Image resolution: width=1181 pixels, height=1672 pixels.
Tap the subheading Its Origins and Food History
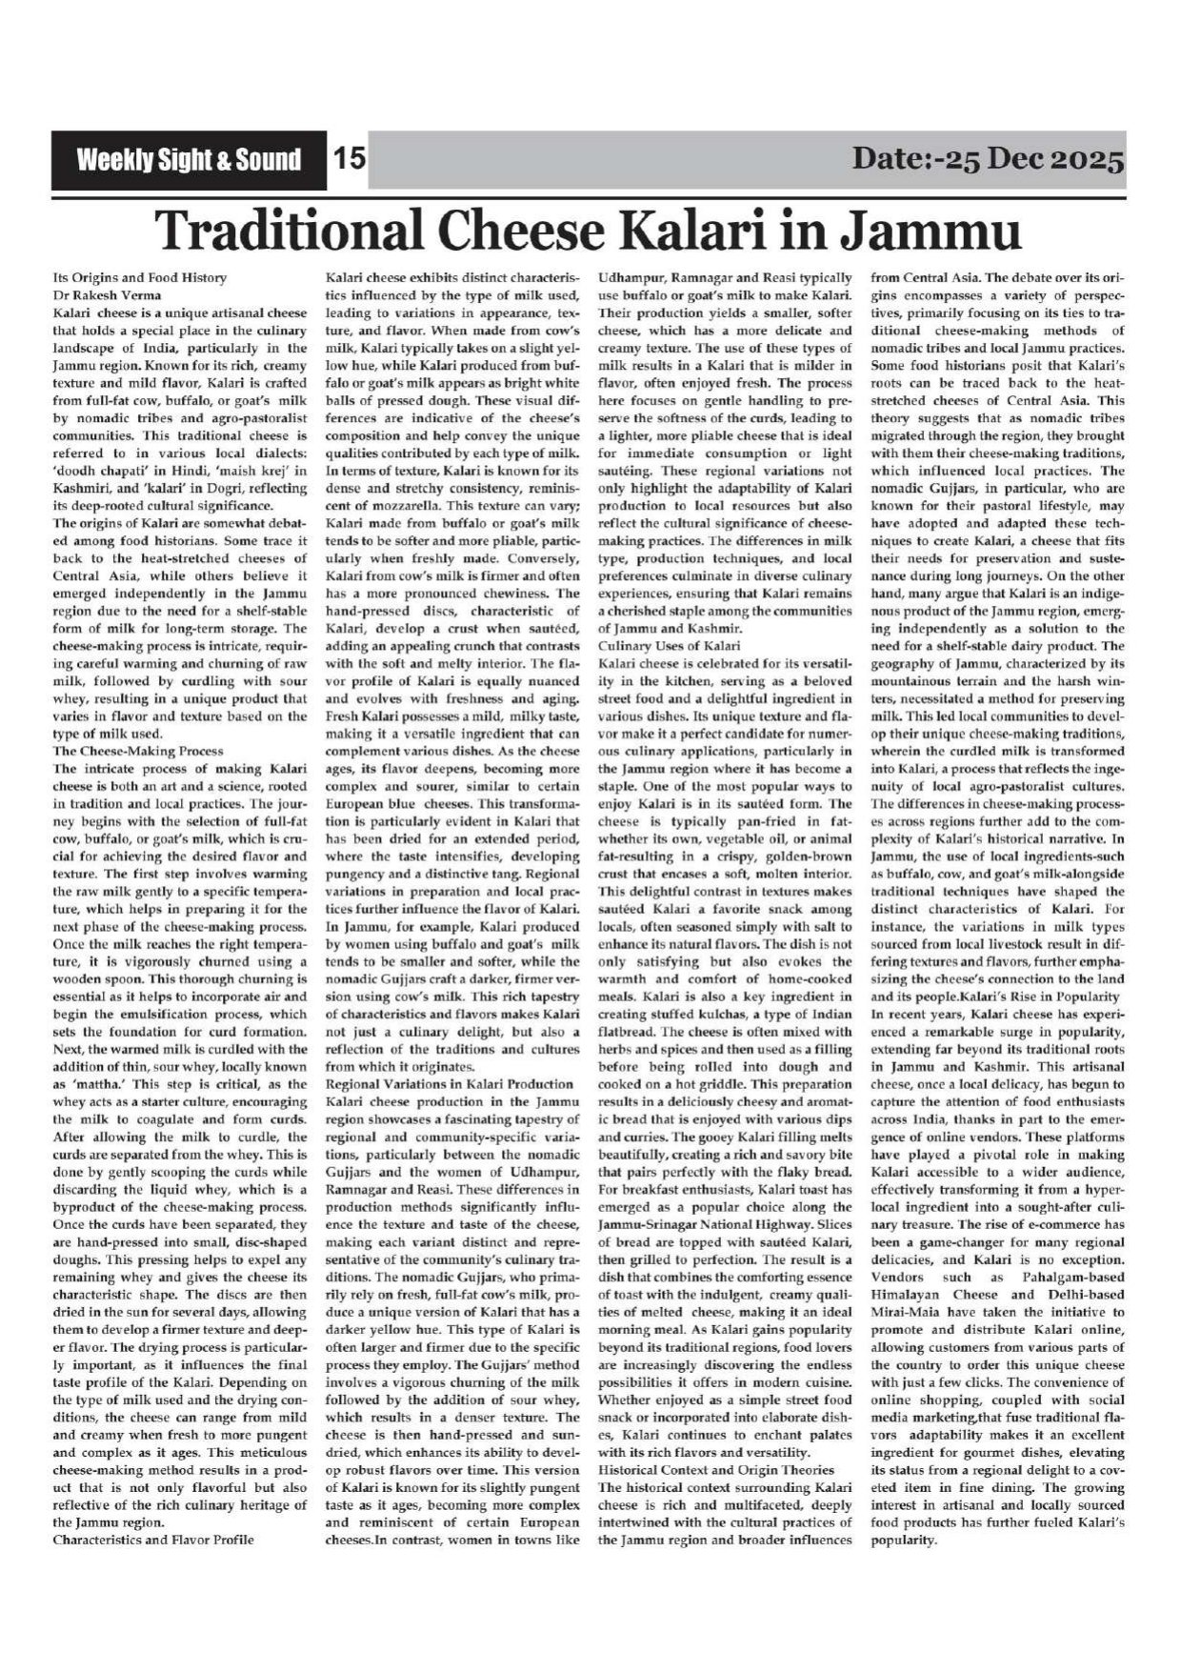(x=139, y=278)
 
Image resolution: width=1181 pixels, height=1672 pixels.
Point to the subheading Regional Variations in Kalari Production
(x=450, y=1084)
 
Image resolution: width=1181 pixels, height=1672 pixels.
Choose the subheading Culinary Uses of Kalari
(x=669, y=646)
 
